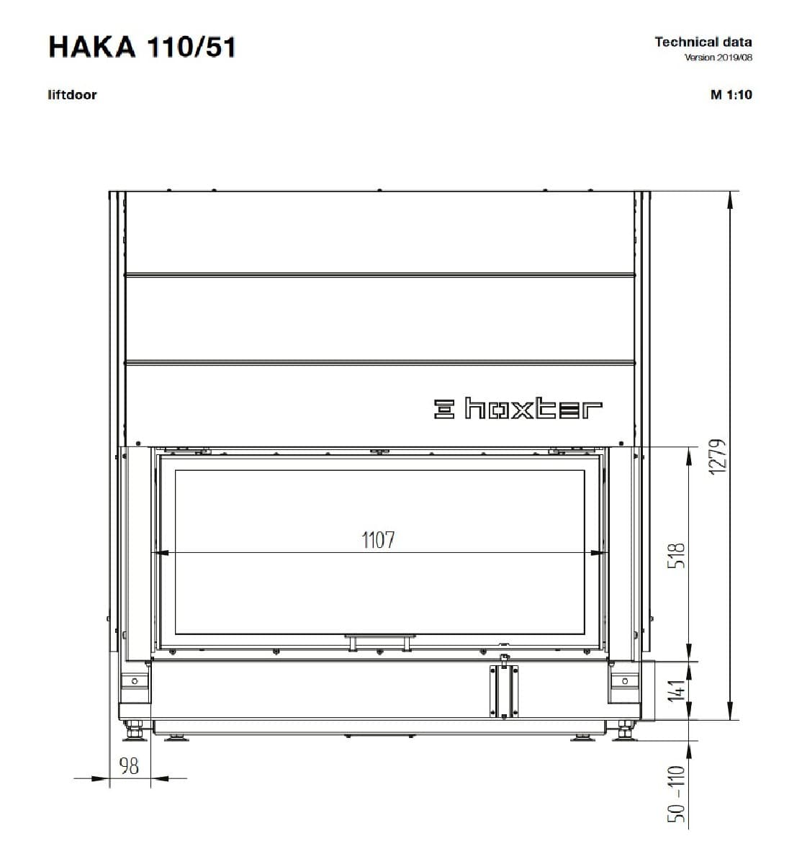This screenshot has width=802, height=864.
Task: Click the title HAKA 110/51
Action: [143, 47]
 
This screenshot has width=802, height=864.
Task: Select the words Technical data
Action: [703, 42]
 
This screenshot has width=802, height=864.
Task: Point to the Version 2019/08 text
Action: [718, 58]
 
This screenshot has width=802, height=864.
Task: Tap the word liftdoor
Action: [72, 95]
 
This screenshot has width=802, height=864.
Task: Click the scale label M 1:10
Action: [731, 95]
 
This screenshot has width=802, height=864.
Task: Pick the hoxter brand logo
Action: [518, 408]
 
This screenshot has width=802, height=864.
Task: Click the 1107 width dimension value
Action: [378, 540]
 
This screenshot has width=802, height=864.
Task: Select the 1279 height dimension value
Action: [718, 456]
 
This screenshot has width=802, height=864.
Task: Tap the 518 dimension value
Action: [676, 556]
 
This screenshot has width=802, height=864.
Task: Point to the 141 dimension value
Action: [676, 690]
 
